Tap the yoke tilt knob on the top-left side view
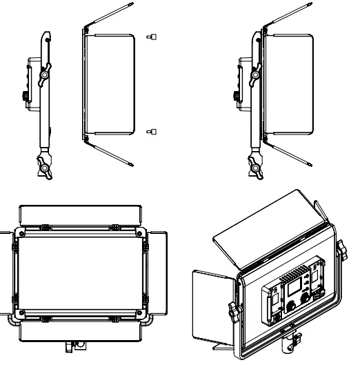point(46,73)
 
